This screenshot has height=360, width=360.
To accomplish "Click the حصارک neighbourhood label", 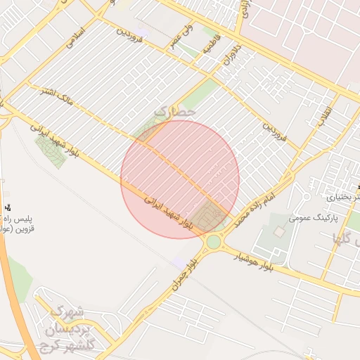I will (173, 111).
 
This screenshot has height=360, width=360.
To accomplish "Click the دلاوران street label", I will (231, 54).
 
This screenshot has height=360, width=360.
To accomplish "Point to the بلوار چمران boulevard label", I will (184, 276).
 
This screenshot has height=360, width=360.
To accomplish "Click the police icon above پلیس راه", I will (8, 207).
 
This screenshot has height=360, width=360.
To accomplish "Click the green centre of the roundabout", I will (213, 243).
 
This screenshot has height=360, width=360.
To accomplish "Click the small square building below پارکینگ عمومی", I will (279, 231).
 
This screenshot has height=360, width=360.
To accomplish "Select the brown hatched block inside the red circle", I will (208, 217).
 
